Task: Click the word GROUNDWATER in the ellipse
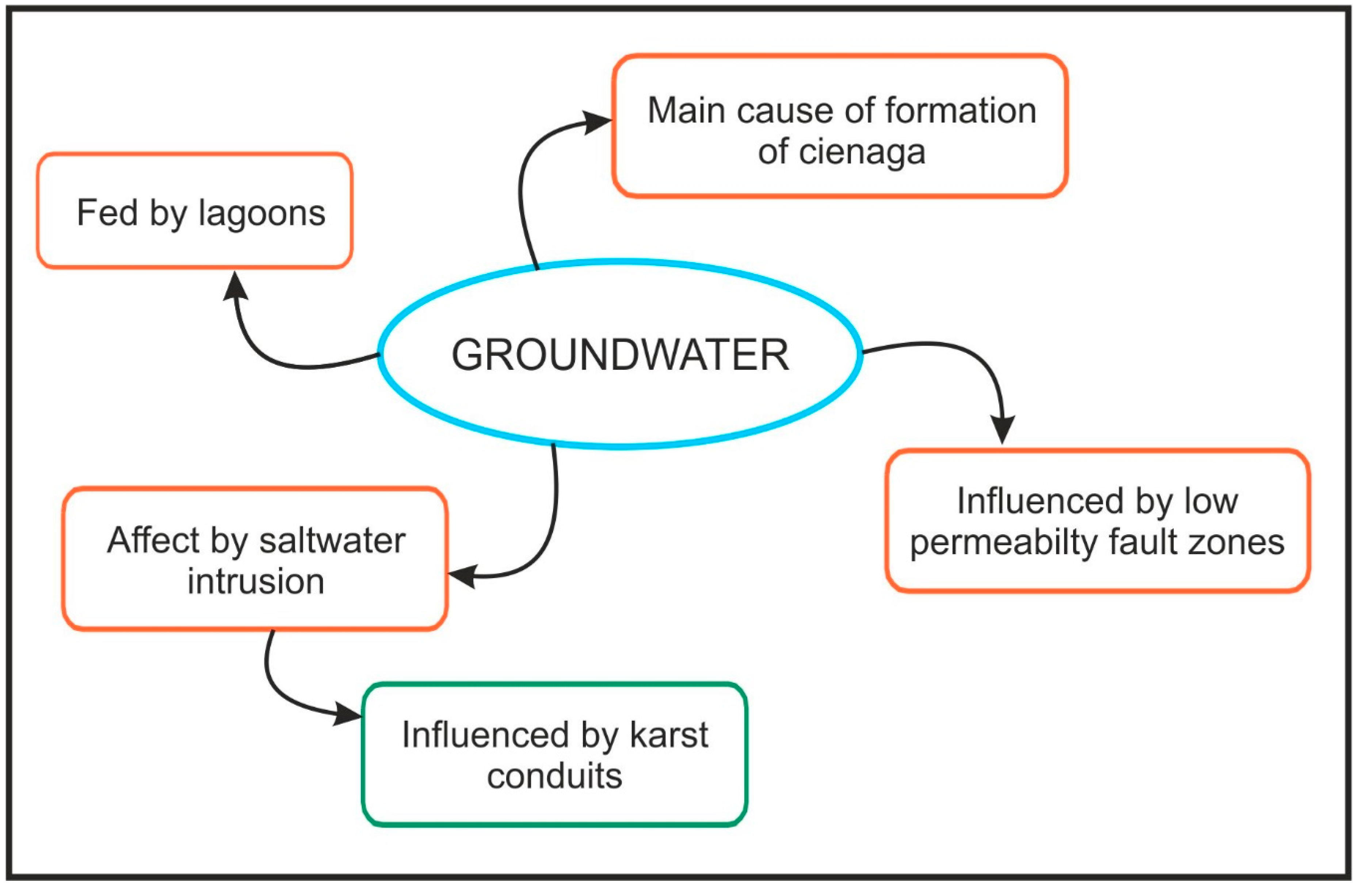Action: click(x=620, y=355)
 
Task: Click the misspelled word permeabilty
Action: click(x=1003, y=542)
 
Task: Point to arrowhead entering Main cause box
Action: click(x=598, y=122)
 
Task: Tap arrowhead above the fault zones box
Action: click(x=1003, y=429)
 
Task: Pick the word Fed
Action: click(x=108, y=213)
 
